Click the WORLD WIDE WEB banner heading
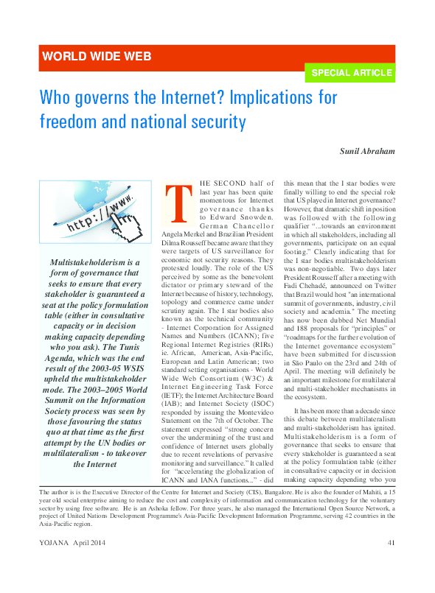[x=97, y=56]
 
